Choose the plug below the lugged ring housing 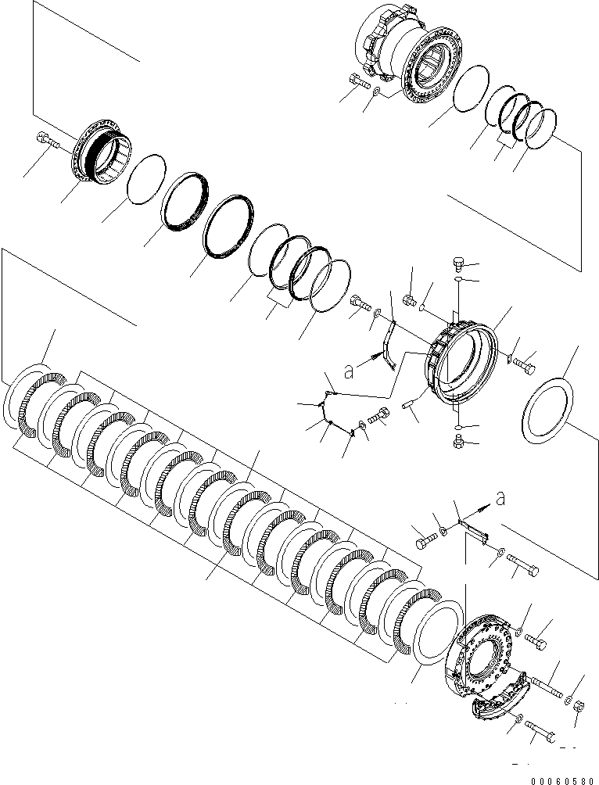coord(460,443)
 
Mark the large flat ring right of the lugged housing coord(551,407)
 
